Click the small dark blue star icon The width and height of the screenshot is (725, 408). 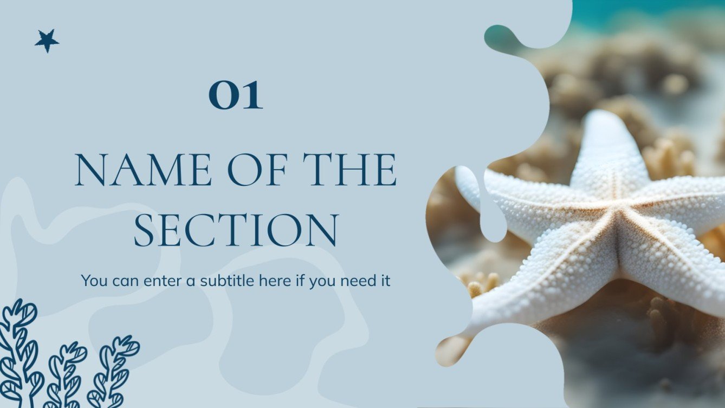pos(47,41)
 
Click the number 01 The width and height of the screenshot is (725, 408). pos(236,95)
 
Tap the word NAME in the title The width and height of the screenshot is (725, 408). pos(143,170)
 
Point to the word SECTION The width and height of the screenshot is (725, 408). pos(236,230)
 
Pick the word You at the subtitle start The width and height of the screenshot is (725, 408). pos(93,281)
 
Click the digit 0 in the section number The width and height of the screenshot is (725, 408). pos(222,96)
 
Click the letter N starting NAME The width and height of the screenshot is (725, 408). pos(89,170)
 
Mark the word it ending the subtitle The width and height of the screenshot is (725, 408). pos(385,281)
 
